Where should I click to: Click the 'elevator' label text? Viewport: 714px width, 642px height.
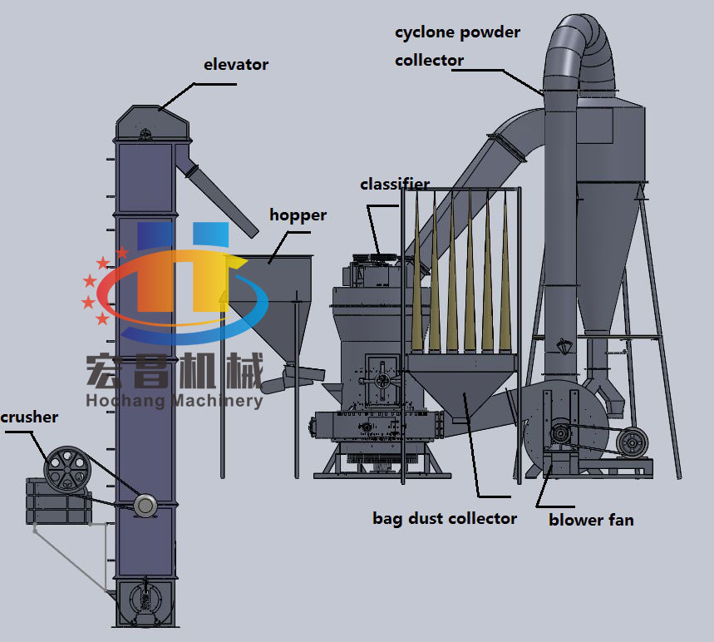(x=236, y=64)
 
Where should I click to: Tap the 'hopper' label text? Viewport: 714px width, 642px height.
(x=298, y=215)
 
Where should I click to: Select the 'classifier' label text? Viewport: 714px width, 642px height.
(x=395, y=184)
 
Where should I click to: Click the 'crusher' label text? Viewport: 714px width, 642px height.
(x=29, y=417)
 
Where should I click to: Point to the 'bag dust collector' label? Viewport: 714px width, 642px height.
(x=445, y=519)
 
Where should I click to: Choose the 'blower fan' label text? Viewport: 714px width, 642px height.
(x=591, y=520)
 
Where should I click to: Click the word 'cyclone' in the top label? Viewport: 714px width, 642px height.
(x=426, y=33)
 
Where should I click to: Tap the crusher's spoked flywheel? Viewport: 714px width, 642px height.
(x=67, y=471)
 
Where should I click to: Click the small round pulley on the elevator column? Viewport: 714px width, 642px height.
(x=145, y=504)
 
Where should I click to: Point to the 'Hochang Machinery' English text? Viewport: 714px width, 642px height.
(x=174, y=401)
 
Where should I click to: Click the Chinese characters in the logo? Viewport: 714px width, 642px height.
(x=174, y=369)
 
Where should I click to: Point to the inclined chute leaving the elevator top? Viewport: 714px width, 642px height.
(x=221, y=195)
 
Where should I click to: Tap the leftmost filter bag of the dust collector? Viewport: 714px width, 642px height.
(x=416, y=274)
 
